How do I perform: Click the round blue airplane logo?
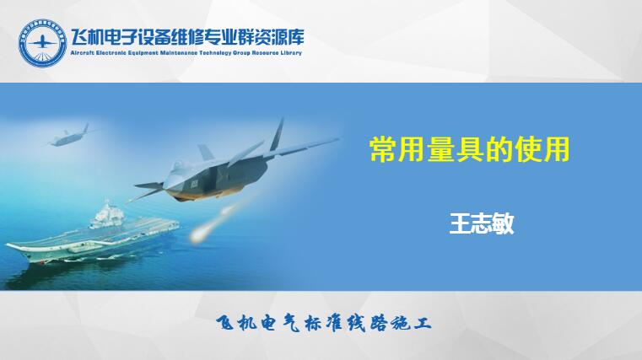pyautogui.click(x=42, y=42)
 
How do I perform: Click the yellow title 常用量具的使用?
pyautogui.click(x=470, y=150)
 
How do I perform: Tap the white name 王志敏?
pyautogui.click(x=482, y=223)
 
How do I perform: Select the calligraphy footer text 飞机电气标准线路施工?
pyautogui.click(x=323, y=324)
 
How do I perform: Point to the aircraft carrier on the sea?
pyautogui.click(x=92, y=237)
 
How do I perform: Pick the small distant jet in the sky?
pyautogui.click(x=70, y=137)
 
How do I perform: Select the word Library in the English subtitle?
pyautogui.click(x=292, y=53)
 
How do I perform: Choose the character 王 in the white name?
pyautogui.click(x=460, y=223)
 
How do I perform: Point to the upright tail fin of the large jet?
pyautogui.click(x=278, y=134)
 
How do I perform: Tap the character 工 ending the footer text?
pyautogui.click(x=422, y=324)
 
